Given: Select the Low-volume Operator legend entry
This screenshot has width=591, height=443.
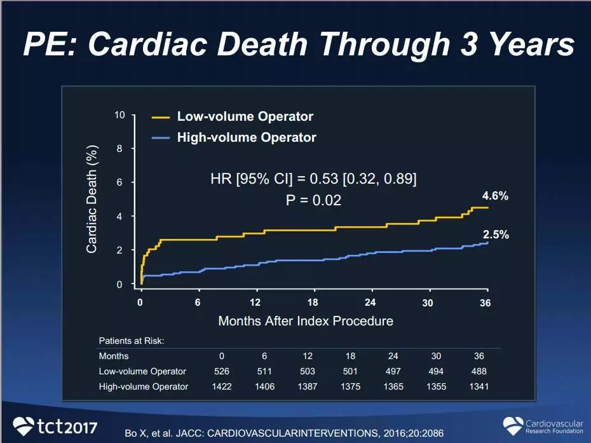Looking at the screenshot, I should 245,116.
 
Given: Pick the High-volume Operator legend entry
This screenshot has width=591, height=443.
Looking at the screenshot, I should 246,137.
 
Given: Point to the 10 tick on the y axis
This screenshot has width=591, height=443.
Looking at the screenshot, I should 120,114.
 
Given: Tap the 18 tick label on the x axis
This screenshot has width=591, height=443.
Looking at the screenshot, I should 313,303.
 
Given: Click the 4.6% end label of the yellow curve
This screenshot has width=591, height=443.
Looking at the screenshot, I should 496,196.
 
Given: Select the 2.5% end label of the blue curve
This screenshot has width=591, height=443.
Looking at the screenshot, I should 496,235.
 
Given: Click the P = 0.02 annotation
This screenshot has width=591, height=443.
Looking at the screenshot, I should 313,200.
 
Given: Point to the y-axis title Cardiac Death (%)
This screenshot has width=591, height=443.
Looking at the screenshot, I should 92,199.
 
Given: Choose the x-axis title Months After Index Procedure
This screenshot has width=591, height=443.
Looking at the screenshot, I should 306,321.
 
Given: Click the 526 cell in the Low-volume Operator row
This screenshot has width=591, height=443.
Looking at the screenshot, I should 222,371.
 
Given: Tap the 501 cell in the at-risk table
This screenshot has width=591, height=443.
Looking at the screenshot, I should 351,371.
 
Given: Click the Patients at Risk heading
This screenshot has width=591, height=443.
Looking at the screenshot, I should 132,341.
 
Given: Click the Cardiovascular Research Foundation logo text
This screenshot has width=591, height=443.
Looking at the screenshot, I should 554,426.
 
